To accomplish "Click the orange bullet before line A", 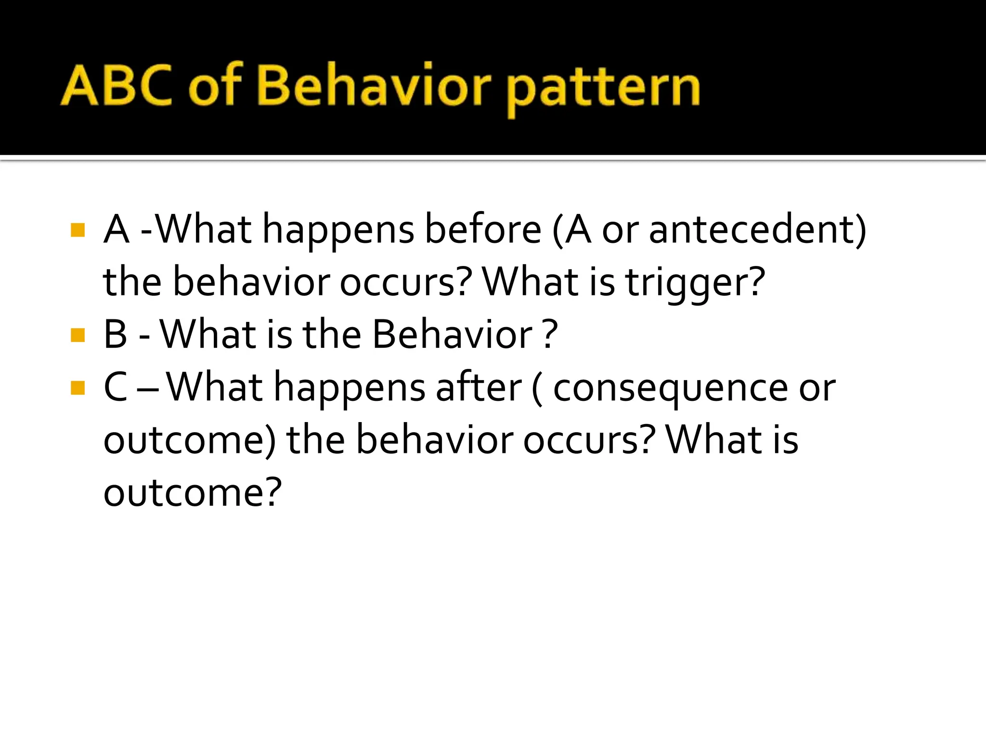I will [x=78, y=230].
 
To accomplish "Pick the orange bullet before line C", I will [x=78, y=388].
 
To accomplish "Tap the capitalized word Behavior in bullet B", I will [x=453, y=335].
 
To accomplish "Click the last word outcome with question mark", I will [x=192, y=493].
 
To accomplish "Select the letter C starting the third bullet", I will [x=116, y=388].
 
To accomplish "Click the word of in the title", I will [x=215, y=87].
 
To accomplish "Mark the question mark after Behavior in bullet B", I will [x=549, y=335].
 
